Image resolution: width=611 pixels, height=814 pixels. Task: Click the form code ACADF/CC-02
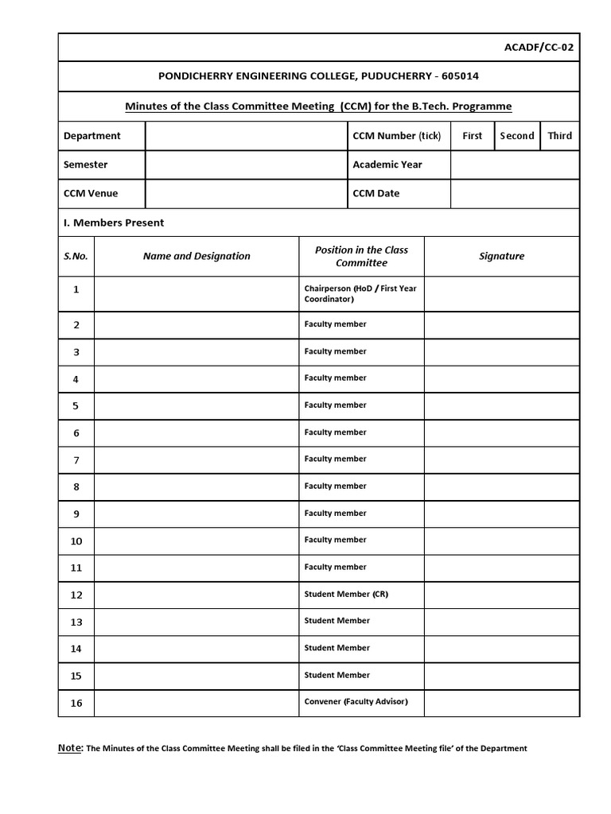point(539,47)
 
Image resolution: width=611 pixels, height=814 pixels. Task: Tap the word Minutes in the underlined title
point(148,106)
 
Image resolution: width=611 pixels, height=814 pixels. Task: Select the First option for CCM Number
point(472,136)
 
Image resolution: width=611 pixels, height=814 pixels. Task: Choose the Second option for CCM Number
point(517,136)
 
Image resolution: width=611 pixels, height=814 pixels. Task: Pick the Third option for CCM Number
point(559,136)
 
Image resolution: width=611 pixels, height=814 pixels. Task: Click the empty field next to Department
point(246,136)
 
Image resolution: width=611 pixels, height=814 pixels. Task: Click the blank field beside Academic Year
point(515,165)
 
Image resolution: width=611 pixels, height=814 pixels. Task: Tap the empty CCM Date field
point(515,193)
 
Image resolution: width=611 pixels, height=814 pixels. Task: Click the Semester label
point(85,165)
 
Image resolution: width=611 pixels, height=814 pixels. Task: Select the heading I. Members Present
point(113,223)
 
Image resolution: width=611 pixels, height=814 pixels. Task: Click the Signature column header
point(501,256)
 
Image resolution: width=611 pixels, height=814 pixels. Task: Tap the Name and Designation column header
point(197,256)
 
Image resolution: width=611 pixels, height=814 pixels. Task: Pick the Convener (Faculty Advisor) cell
point(351,702)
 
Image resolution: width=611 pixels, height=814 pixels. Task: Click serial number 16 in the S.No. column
point(76,703)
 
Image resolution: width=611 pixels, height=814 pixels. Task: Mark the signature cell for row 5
point(501,405)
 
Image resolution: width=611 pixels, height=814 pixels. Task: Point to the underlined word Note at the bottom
point(70,747)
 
